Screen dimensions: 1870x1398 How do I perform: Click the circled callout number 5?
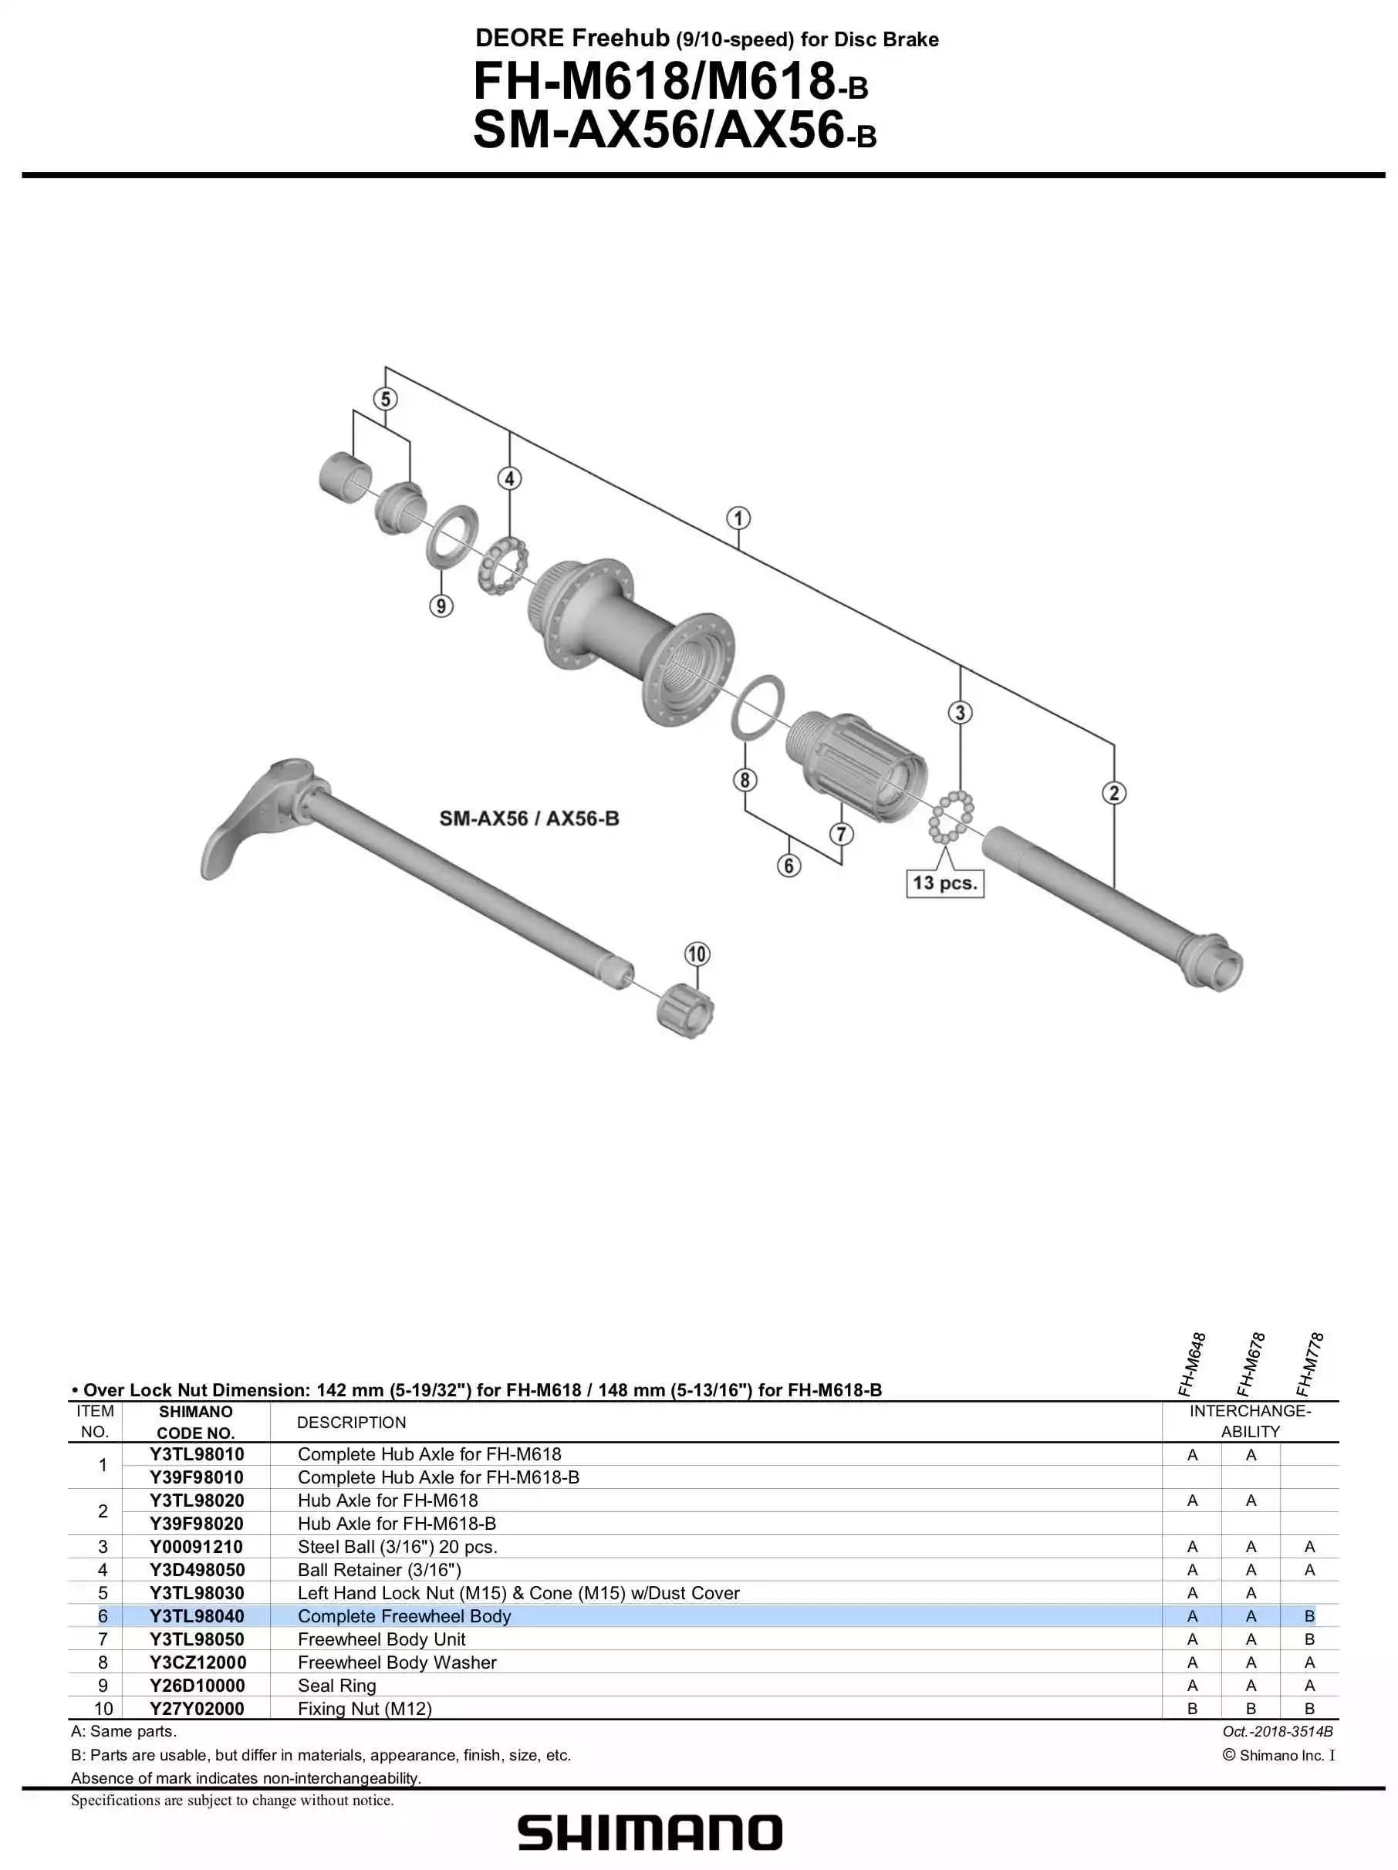386,399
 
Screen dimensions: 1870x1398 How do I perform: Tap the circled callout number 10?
697,954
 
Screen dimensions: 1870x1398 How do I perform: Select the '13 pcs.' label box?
944,883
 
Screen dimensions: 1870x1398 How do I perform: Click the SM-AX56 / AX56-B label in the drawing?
529,819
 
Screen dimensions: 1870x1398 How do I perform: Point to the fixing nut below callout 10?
685,1011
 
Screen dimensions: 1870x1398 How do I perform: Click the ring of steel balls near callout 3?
951,817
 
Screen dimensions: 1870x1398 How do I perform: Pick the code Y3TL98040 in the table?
196,1616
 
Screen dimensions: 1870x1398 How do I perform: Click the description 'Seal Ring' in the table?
336,1686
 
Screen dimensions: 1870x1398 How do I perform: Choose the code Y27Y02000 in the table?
196,1709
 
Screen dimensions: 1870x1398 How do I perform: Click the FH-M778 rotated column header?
1309,1365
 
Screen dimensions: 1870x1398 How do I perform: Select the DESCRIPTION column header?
351,1423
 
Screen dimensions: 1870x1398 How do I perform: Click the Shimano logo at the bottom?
649,1833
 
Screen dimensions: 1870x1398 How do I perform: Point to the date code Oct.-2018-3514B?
1277,1731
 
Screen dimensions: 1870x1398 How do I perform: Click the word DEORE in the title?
519,38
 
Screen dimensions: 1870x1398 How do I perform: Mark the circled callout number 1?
738,518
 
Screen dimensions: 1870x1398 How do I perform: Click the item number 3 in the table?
103,1547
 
